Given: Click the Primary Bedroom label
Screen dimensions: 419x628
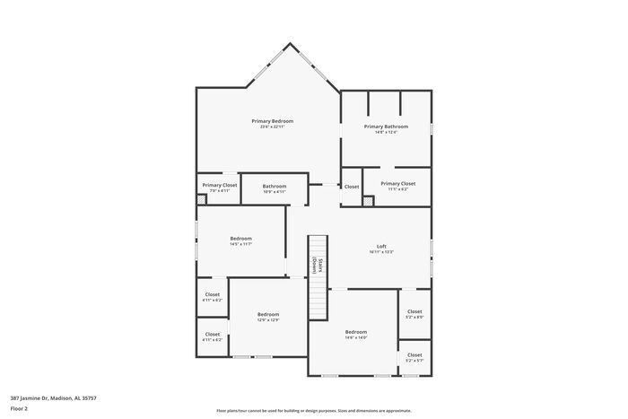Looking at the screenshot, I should tap(272, 121).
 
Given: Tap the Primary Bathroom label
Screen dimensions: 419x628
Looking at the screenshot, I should tap(386, 127).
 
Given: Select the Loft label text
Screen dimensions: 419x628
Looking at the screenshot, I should tap(381, 246).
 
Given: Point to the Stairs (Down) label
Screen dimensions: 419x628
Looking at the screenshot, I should tap(316, 266).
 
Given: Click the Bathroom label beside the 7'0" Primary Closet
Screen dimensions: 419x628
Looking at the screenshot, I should tap(275, 186).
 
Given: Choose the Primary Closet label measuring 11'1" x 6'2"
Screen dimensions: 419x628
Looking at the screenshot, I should tap(397, 183).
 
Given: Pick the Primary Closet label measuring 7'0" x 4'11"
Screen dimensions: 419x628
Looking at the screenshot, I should tap(220, 185).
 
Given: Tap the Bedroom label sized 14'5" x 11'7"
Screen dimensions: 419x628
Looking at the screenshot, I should tap(240, 239).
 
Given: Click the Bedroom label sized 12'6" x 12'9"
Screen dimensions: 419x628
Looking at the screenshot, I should tap(268, 314).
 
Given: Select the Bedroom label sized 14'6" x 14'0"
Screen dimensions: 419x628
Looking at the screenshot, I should tap(356, 332).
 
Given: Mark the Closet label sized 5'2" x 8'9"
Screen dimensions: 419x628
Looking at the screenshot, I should tap(414, 311).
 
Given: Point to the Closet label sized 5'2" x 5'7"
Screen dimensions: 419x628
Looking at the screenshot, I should tap(414, 354).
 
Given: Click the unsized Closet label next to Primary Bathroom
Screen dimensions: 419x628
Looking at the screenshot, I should tap(352, 187).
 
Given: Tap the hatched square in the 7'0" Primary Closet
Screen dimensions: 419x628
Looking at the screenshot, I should tap(201, 199).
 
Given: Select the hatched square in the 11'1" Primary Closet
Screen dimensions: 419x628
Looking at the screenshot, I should tap(369, 200).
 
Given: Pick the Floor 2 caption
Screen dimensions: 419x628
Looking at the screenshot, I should tap(19, 408).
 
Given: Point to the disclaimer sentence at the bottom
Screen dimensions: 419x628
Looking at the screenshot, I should tap(314, 409).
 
